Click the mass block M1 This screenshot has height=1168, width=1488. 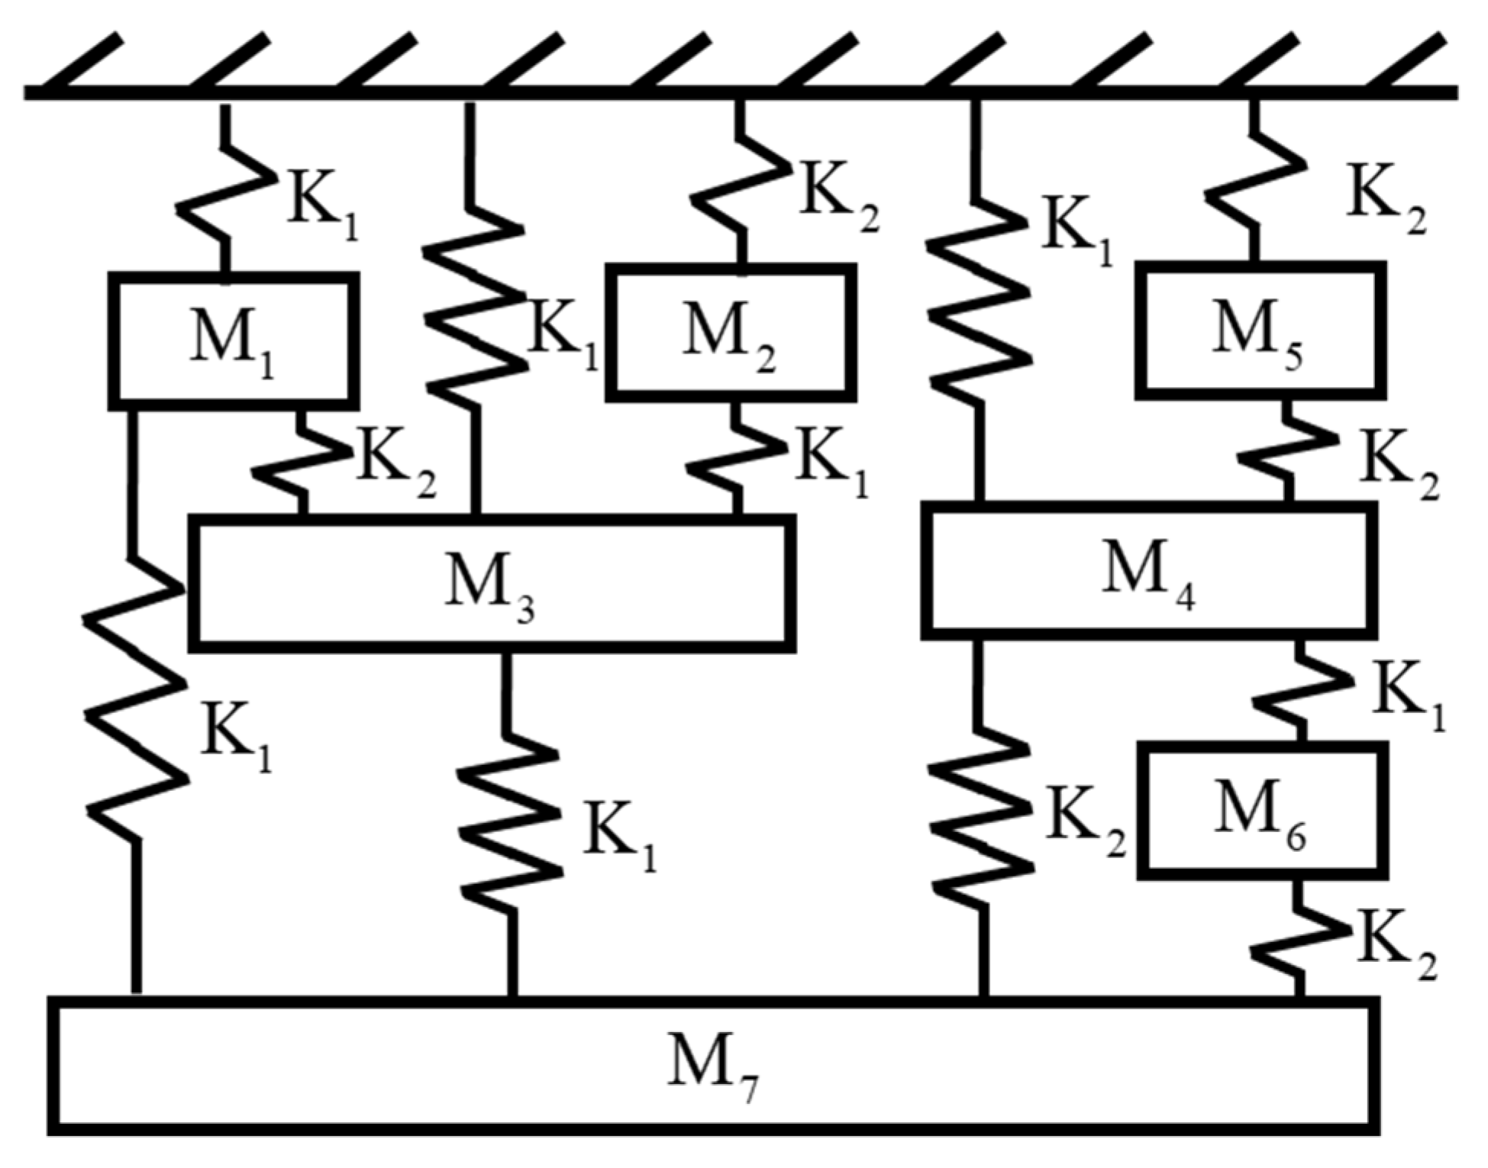234,340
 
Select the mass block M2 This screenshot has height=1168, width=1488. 731,332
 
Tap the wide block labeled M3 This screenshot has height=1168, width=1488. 492,584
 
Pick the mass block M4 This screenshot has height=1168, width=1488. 1148,570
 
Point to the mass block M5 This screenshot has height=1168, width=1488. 1260,330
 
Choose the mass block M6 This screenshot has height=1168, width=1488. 1263,809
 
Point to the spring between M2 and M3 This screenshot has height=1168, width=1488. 736,458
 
